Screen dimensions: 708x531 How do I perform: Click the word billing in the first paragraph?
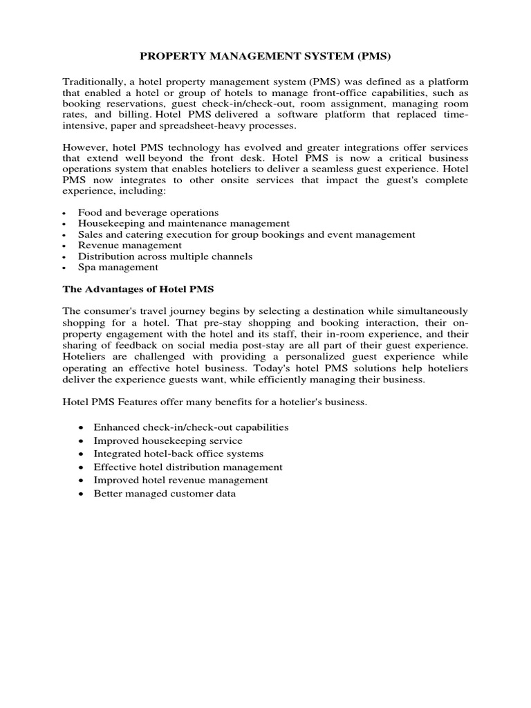click(x=136, y=115)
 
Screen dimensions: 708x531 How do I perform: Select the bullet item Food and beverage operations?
click(x=148, y=212)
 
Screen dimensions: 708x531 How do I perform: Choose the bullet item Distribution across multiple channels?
click(x=165, y=256)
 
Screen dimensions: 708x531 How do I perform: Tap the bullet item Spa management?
click(x=118, y=267)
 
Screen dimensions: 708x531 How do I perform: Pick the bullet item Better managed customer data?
click(x=165, y=494)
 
